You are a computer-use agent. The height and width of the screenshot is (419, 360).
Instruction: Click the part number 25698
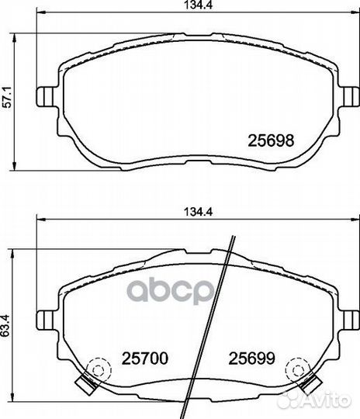[x=271, y=140]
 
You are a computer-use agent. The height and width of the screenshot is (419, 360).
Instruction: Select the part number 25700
[x=145, y=358]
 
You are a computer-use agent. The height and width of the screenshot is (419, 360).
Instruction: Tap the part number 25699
[x=251, y=358]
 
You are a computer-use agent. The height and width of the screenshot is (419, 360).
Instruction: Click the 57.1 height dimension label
[x=7, y=97]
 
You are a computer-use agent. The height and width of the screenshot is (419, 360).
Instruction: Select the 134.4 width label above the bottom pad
[x=199, y=212]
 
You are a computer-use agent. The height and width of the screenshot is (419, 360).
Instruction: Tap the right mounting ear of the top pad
[x=348, y=97]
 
